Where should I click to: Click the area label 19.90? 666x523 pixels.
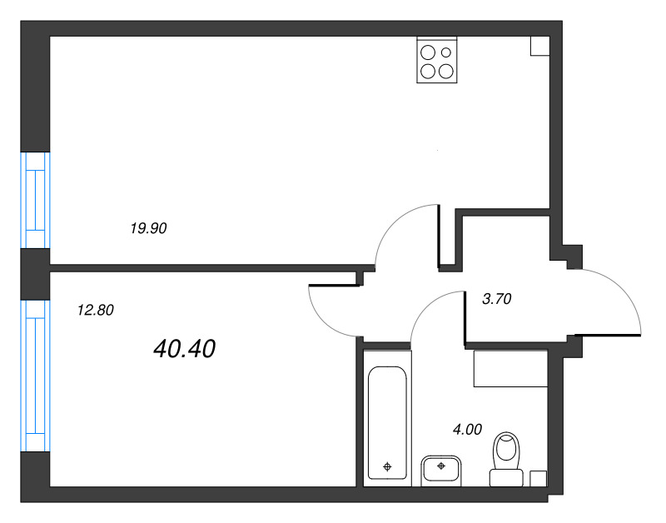coord(149,227)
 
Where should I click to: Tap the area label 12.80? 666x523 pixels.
coord(94,311)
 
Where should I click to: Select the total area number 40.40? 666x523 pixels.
coord(184,350)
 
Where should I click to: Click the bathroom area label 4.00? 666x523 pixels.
coord(466,430)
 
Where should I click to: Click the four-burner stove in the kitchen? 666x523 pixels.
coord(437,61)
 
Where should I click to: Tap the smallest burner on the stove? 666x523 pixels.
coord(446,52)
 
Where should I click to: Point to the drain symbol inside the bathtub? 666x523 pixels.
coord(387,467)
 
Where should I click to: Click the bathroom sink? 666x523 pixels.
coord(441,469)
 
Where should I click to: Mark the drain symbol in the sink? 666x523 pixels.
coord(440,466)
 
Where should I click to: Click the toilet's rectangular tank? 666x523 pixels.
coord(504,477)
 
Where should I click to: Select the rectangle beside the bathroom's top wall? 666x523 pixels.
coord(510,369)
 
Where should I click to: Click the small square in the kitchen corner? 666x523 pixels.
coord(539,46)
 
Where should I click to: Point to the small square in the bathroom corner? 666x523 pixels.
coord(539,478)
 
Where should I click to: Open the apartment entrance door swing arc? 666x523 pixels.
coord(612,300)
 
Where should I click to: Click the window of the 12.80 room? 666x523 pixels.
coord(36,376)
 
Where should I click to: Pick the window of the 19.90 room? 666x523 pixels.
coord(36,200)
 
